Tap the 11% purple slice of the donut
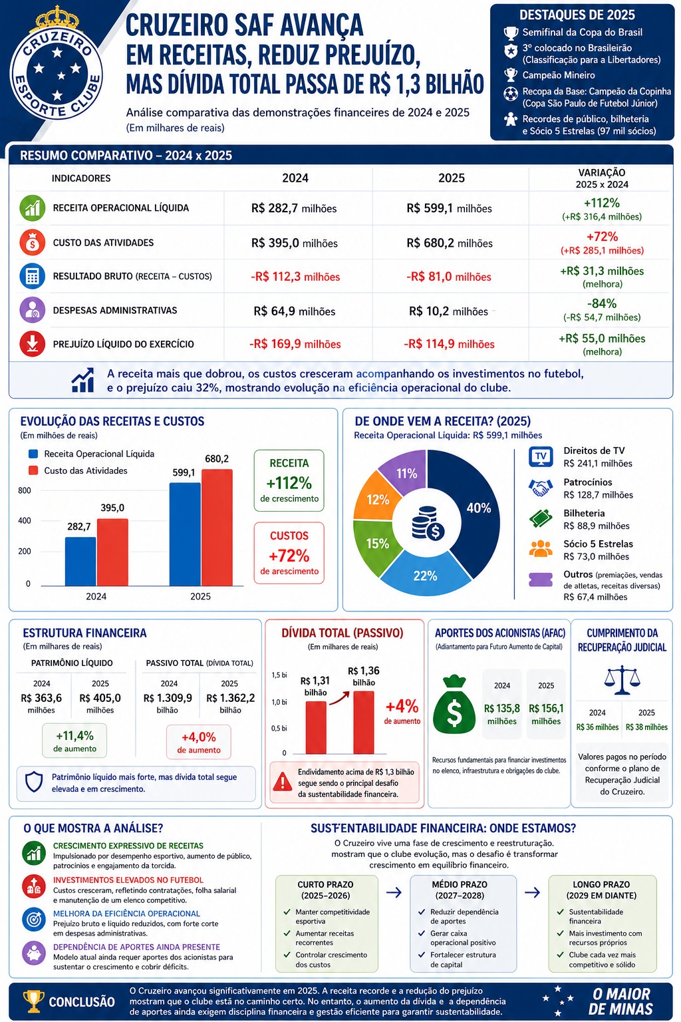pos(406,473)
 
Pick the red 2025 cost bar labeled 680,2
pos(217,527)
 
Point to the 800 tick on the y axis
pos(25,490)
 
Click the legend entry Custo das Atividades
pos(86,470)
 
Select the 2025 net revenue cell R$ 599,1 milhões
pos(449,208)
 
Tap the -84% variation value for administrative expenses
pos(602,303)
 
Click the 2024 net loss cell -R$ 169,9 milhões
pos(295,344)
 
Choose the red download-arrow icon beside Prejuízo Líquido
pos(32,343)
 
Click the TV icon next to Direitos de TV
pos(541,456)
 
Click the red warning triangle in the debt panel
pos(283,782)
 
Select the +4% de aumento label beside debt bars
pos(402,711)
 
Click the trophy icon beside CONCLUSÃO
pos(33,1001)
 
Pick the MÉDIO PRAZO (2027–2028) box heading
pos(460,890)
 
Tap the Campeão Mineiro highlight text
pos(559,75)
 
